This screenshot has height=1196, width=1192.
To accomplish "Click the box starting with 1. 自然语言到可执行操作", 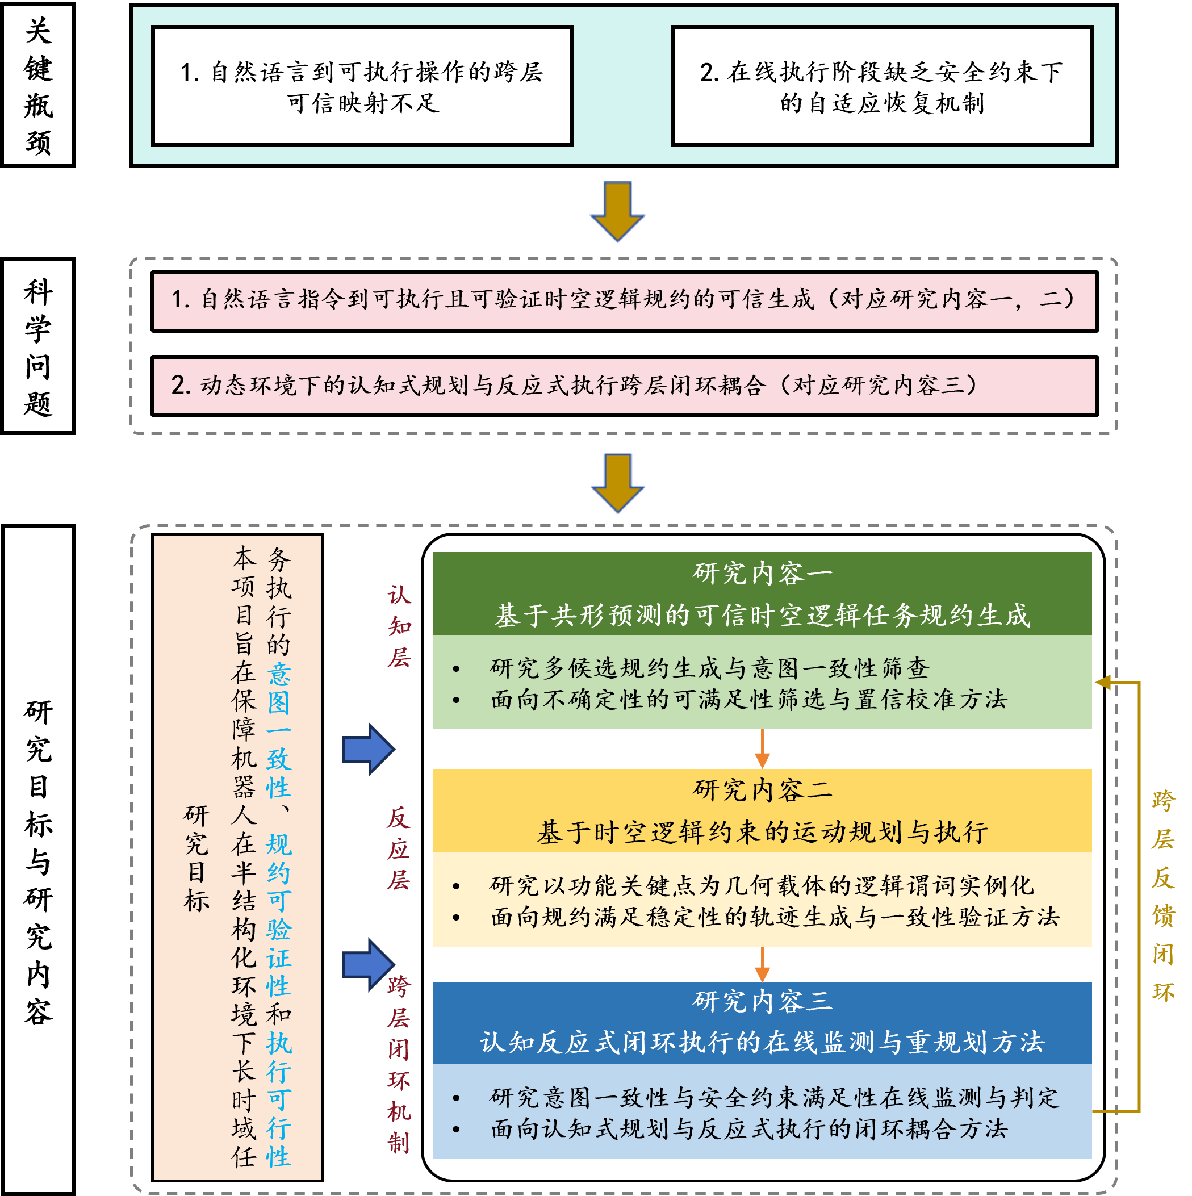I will tap(362, 86).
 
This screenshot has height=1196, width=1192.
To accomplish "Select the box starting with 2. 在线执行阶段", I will tap(881, 86).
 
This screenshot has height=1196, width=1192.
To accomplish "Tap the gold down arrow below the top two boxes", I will tap(617, 211).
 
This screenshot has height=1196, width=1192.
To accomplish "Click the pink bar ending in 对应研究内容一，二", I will tap(624, 301).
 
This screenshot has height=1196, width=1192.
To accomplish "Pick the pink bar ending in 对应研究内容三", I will tap(624, 386).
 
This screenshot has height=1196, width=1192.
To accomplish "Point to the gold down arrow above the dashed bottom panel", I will tap(617, 482).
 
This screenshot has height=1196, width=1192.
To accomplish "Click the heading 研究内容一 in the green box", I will tap(762, 573).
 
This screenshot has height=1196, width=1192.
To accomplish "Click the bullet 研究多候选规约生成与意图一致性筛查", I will tap(709, 668).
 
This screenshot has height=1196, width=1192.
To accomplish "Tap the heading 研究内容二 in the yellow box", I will tap(762, 791).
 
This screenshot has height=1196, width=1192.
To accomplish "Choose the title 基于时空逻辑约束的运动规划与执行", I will tap(762, 832).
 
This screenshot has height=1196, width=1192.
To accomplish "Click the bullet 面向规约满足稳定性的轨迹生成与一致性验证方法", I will tap(775, 917).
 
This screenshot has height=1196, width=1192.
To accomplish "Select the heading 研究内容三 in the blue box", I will tap(762, 1001).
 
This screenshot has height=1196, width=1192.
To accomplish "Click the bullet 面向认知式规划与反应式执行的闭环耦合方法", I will tap(749, 1128).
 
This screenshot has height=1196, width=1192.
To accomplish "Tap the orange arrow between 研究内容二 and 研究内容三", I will tap(762, 964).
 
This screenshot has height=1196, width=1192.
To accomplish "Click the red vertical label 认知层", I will tap(399, 626).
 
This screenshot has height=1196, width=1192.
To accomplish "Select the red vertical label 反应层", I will tap(399, 848).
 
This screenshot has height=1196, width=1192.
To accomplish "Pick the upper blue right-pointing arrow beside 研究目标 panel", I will tap(367, 749).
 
